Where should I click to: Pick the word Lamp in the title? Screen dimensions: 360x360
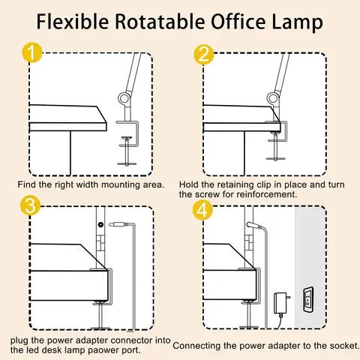coord(301,22)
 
